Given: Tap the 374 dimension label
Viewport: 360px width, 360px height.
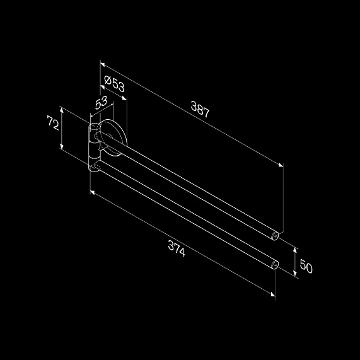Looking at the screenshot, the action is tap(177, 248).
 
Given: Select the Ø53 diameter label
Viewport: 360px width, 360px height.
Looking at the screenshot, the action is tap(114, 84).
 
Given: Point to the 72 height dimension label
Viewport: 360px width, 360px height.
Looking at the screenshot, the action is tap(53, 122).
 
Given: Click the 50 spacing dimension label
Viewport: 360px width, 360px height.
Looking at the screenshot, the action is tap(306, 266).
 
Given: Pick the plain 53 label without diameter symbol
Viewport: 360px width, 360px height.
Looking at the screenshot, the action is tap(102, 103).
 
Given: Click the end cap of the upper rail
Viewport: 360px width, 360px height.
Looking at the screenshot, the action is tap(276, 236).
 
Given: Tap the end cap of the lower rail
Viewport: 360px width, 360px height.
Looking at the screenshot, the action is tap(275, 265).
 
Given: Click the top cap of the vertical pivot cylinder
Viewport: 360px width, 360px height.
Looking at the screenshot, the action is tap(94, 127).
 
